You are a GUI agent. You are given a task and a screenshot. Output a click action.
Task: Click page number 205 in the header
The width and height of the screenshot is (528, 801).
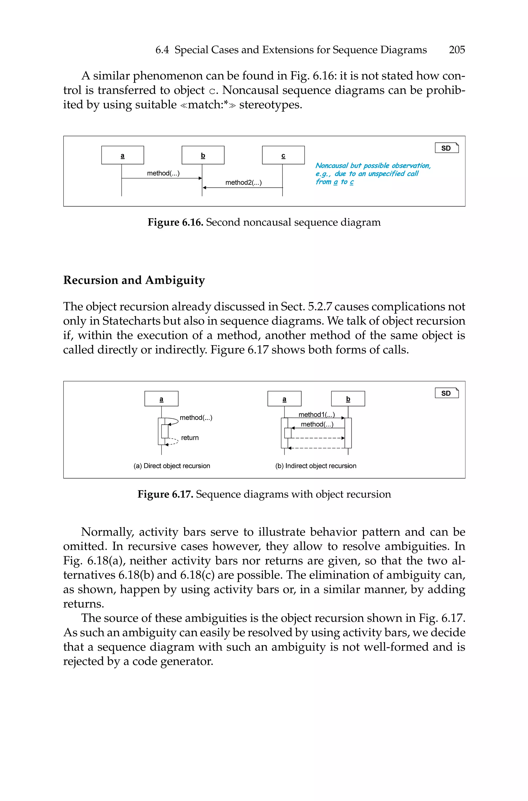pos(457,50)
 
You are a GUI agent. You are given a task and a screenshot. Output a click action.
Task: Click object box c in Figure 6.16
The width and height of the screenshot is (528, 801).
pos(283,155)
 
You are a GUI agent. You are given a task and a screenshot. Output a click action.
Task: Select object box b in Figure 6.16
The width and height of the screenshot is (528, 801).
pos(203,155)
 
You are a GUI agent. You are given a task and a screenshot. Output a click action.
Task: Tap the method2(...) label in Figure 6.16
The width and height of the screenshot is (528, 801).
pos(243,183)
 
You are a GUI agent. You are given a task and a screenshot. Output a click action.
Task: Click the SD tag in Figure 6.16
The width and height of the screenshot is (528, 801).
pos(447,148)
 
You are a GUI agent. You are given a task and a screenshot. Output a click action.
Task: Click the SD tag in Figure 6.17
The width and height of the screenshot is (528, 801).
pos(447,393)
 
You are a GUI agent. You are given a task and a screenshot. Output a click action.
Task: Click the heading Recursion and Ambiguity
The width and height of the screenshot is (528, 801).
pos(134,280)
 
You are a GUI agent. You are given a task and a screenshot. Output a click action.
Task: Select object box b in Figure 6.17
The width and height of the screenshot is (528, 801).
pos(348,399)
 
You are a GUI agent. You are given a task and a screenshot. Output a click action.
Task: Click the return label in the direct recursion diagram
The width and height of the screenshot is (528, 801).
pos(190,438)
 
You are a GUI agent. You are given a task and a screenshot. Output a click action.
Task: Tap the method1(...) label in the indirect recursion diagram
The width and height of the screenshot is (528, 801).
pos(317,415)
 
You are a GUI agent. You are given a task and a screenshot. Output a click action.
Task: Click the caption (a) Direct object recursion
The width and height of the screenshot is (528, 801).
pos(172,466)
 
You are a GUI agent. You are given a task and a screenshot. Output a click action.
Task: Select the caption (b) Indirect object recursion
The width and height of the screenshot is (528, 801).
pos(316,466)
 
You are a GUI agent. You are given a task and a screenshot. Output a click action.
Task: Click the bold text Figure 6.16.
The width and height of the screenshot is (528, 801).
pos(175,222)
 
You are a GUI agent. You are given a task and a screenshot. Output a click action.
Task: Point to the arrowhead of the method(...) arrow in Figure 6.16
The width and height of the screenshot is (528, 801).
pos(200,178)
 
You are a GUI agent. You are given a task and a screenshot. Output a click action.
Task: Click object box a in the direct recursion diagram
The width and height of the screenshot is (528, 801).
pos(161,399)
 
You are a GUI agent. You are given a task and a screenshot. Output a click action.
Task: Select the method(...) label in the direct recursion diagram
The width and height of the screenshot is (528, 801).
pos(196,418)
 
